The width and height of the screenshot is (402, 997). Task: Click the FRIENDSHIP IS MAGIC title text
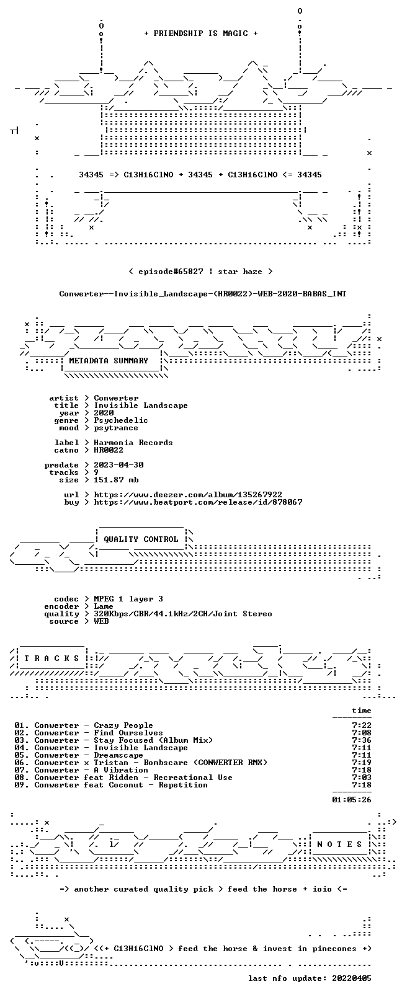(201, 33)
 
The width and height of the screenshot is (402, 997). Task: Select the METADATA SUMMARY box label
(108, 361)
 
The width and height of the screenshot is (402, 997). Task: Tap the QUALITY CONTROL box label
(141, 539)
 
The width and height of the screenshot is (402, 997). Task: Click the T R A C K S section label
(51, 658)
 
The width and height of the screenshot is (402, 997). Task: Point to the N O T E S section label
(340, 844)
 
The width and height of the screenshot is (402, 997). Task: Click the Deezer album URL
(188, 495)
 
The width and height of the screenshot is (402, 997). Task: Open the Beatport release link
(198, 502)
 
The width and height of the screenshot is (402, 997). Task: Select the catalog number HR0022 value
(109, 450)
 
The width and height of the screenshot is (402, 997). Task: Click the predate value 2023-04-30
(118, 465)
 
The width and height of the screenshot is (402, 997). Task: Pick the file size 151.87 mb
(116, 481)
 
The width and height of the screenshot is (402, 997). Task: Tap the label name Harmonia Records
(133, 443)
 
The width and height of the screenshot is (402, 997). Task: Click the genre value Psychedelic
(120, 420)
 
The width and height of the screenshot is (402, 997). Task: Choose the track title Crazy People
(123, 725)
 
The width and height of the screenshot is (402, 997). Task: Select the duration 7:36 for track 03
(362, 741)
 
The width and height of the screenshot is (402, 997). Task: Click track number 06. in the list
(22, 763)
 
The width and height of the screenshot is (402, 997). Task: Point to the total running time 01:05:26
(352, 800)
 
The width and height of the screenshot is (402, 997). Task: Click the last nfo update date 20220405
(352, 978)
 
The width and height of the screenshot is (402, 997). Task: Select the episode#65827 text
(171, 272)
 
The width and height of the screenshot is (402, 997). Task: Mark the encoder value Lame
(103, 606)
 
